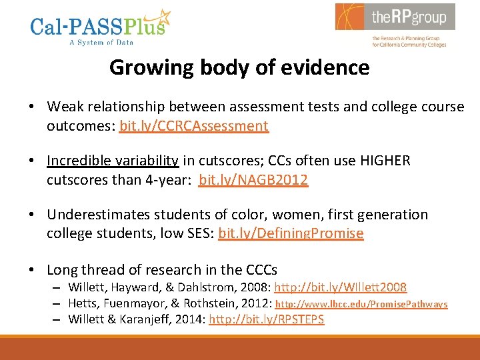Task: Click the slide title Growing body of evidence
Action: [x=239, y=67]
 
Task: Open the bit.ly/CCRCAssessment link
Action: [x=194, y=125]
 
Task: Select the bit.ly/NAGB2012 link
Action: [x=253, y=179]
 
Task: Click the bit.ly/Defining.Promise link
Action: [x=291, y=233]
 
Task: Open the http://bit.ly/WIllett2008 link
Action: [x=341, y=287]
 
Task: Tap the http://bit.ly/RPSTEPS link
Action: [x=267, y=319]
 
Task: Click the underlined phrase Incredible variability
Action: [x=113, y=161]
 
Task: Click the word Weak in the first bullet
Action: [x=65, y=107]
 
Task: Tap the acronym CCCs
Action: [x=261, y=269]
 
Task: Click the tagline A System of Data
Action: [x=101, y=42]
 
